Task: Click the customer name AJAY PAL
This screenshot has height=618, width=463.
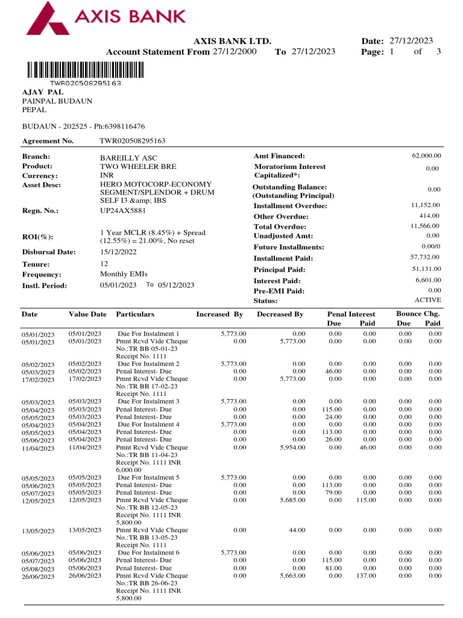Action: pyautogui.click(x=42, y=92)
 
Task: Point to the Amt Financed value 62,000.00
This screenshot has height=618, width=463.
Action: pyautogui.click(x=426, y=156)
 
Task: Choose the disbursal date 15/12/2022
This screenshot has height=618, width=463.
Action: pyautogui.click(x=118, y=252)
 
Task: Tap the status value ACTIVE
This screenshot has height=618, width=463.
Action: pyautogui.click(x=427, y=300)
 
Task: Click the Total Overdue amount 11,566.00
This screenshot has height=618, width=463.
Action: pyautogui.click(x=425, y=226)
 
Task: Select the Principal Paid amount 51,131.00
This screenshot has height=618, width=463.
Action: pyautogui.click(x=426, y=269)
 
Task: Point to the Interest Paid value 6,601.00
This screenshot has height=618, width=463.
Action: pyautogui.click(x=428, y=280)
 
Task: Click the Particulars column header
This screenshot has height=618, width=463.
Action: pyautogui.click(x=135, y=314)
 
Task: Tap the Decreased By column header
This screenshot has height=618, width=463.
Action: pyautogui.click(x=280, y=314)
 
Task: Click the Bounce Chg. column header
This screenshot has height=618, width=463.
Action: pyautogui.click(x=418, y=314)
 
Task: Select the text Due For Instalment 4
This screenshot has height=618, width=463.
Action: pyautogui.click(x=148, y=424)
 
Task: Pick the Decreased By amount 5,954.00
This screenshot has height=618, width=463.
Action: pyautogui.click(x=293, y=447)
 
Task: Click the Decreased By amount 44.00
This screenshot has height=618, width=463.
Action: pyautogui.click(x=297, y=530)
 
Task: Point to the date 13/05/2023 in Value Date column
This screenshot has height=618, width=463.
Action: pyautogui.click(x=85, y=530)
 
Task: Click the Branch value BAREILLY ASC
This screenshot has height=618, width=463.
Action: pyautogui.click(x=124, y=156)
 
